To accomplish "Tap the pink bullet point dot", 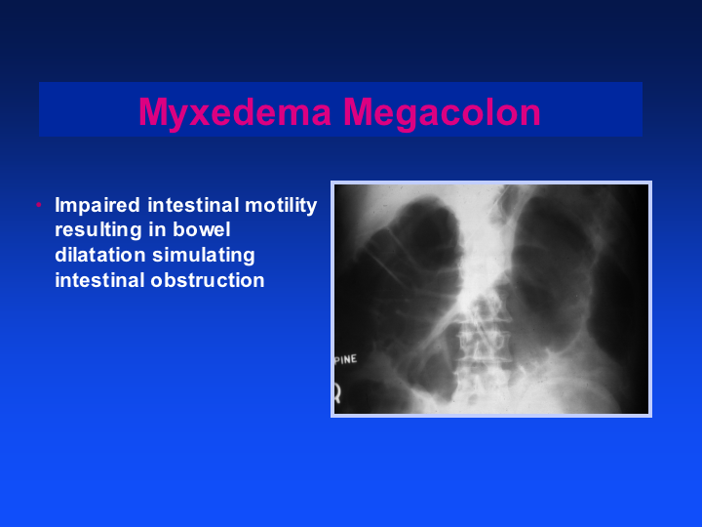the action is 39,205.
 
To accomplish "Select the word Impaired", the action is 97,206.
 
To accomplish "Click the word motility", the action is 281,206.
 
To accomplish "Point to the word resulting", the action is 98,230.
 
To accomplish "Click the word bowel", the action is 202,229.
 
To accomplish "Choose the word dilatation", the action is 99,255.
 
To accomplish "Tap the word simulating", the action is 204,256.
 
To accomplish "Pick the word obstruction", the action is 208,280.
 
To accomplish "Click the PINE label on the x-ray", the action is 346,359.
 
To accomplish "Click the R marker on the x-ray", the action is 337,393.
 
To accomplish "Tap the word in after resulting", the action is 157,229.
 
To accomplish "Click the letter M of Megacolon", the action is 358,112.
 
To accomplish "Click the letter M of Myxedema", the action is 153,112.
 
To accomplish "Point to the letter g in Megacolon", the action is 408,119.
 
